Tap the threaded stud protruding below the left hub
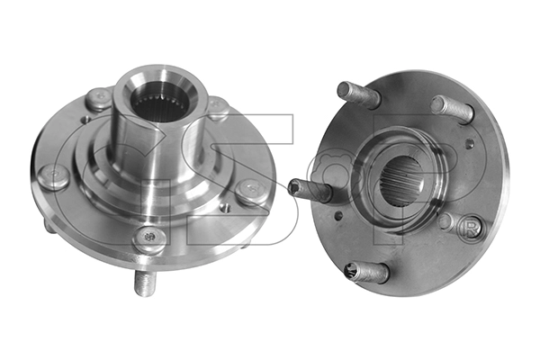pyautogui.click(x=145, y=283)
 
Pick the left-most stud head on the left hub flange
pyautogui.click(x=53, y=176)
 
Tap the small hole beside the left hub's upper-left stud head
pyautogui.click(x=85, y=120)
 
